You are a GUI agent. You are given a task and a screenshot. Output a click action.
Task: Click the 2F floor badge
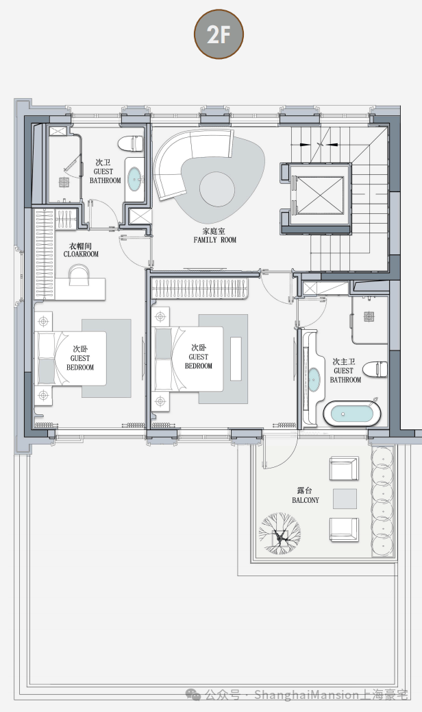tap(219, 34)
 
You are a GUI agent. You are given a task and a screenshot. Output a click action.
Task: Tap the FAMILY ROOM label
tap(215, 240)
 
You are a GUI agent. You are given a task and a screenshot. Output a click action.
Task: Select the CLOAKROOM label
tap(81, 254)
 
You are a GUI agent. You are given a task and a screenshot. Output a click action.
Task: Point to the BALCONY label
tap(306, 500)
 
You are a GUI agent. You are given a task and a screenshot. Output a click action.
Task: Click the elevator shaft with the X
tap(319, 195)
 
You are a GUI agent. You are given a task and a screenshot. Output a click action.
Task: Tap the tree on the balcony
tap(280, 534)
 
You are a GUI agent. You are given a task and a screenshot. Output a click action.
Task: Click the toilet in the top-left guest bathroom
tap(131, 143)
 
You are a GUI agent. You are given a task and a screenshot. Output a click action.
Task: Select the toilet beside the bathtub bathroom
tap(375, 369)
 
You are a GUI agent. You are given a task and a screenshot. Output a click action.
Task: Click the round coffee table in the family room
tap(217, 189)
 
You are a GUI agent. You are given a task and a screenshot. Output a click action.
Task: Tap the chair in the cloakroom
tap(79, 275)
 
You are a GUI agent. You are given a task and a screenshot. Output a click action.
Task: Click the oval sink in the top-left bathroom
tap(135, 179)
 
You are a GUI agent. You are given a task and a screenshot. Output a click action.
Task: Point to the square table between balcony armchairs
tap(345, 499)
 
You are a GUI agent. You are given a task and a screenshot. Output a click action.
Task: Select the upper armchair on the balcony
tap(344, 468)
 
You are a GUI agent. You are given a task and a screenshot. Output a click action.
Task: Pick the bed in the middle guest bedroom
tap(188, 359)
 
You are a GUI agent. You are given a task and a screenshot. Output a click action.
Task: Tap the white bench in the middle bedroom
tap(236, 359)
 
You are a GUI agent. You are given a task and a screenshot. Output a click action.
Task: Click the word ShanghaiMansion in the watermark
tap(306, 695)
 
